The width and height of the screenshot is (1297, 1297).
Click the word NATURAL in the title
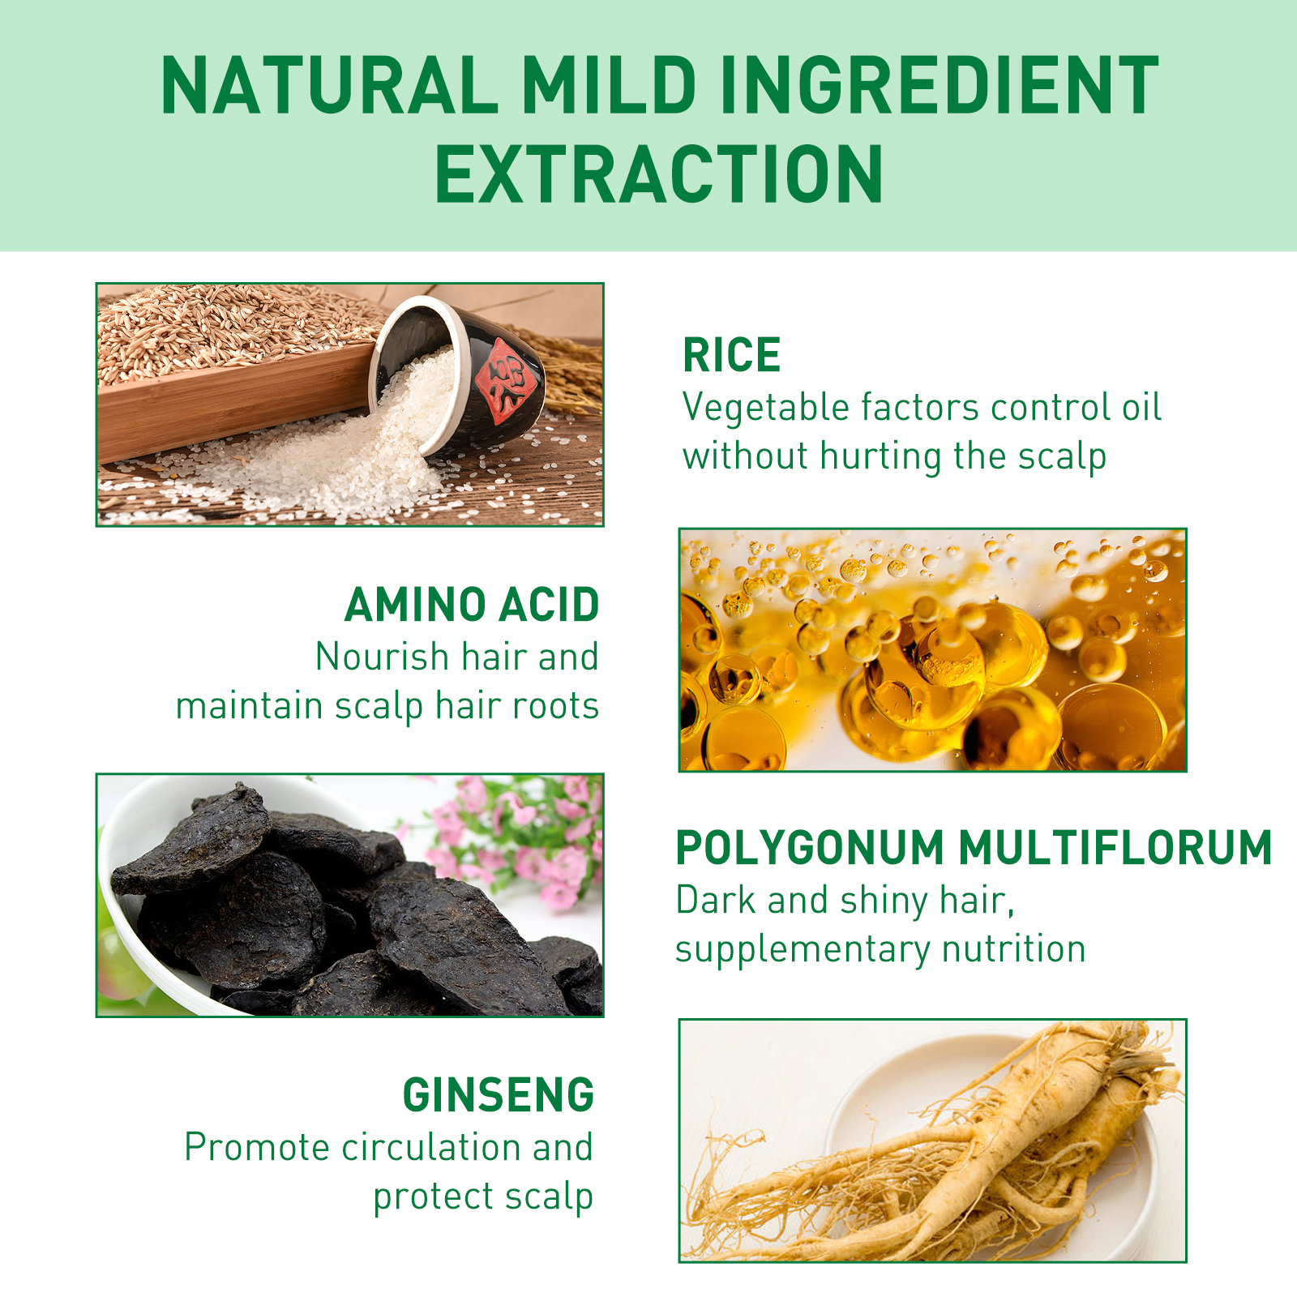pyautogui.click(x=329, y=85)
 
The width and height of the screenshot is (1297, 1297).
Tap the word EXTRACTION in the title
pyautogui.click(x=659, y=173)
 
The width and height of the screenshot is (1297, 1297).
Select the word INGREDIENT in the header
pyautogui.click(x=940, y=85)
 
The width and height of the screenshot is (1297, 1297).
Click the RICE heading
pyautogui.click(x=731, y=355)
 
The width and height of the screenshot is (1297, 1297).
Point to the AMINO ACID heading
pyautogui.click(x=472, y=605)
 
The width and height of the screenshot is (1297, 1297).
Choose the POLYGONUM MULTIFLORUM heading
pyautogui.click(x=974, y=848)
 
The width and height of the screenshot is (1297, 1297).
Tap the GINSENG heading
pyautogui.click(x=499, y=1095)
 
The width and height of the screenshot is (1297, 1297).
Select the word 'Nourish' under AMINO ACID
pyautogui.click(x=382, y=657)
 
